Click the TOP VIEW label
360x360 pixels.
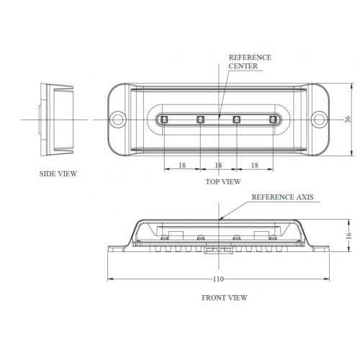coord(222,181)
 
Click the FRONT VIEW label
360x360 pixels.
coord(225,297)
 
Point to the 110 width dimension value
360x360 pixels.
coord(219,279)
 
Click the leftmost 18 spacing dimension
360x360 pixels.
coord(182,166)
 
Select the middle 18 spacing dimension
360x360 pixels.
coord(218,166)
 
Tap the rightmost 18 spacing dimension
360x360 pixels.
coord(254,166)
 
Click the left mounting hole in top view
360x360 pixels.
coord(117,117)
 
